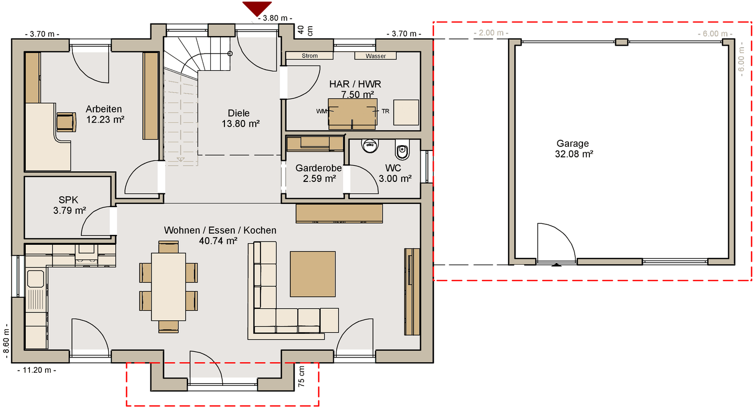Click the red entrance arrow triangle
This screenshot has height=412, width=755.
(x=257, y=7)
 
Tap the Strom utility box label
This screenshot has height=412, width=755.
(x=309, y=56)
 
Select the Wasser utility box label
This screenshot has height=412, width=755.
(x=375, y=56)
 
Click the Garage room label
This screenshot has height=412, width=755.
(x=573, y=144)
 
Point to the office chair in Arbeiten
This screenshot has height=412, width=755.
(x=66, y=122)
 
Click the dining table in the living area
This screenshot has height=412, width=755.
(x=168, y=287)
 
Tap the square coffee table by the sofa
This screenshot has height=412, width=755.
(x=313, y=274)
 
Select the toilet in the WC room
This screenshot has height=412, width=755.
(x=402, y=151)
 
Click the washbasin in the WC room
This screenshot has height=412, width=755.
(x=370, y=146)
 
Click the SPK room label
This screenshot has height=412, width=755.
(x=68, y=200)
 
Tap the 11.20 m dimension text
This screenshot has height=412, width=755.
(x=37, y=370)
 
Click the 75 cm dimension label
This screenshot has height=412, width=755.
(x=301, y=376)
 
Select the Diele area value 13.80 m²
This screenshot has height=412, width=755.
(x=240, y=124)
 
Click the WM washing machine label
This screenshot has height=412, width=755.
(x=321, y=111)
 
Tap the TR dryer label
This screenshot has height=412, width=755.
(x=385, y=111)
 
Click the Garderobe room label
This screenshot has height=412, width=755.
(x=319, y=168)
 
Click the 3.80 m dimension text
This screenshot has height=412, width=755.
(x=275, y=18)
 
